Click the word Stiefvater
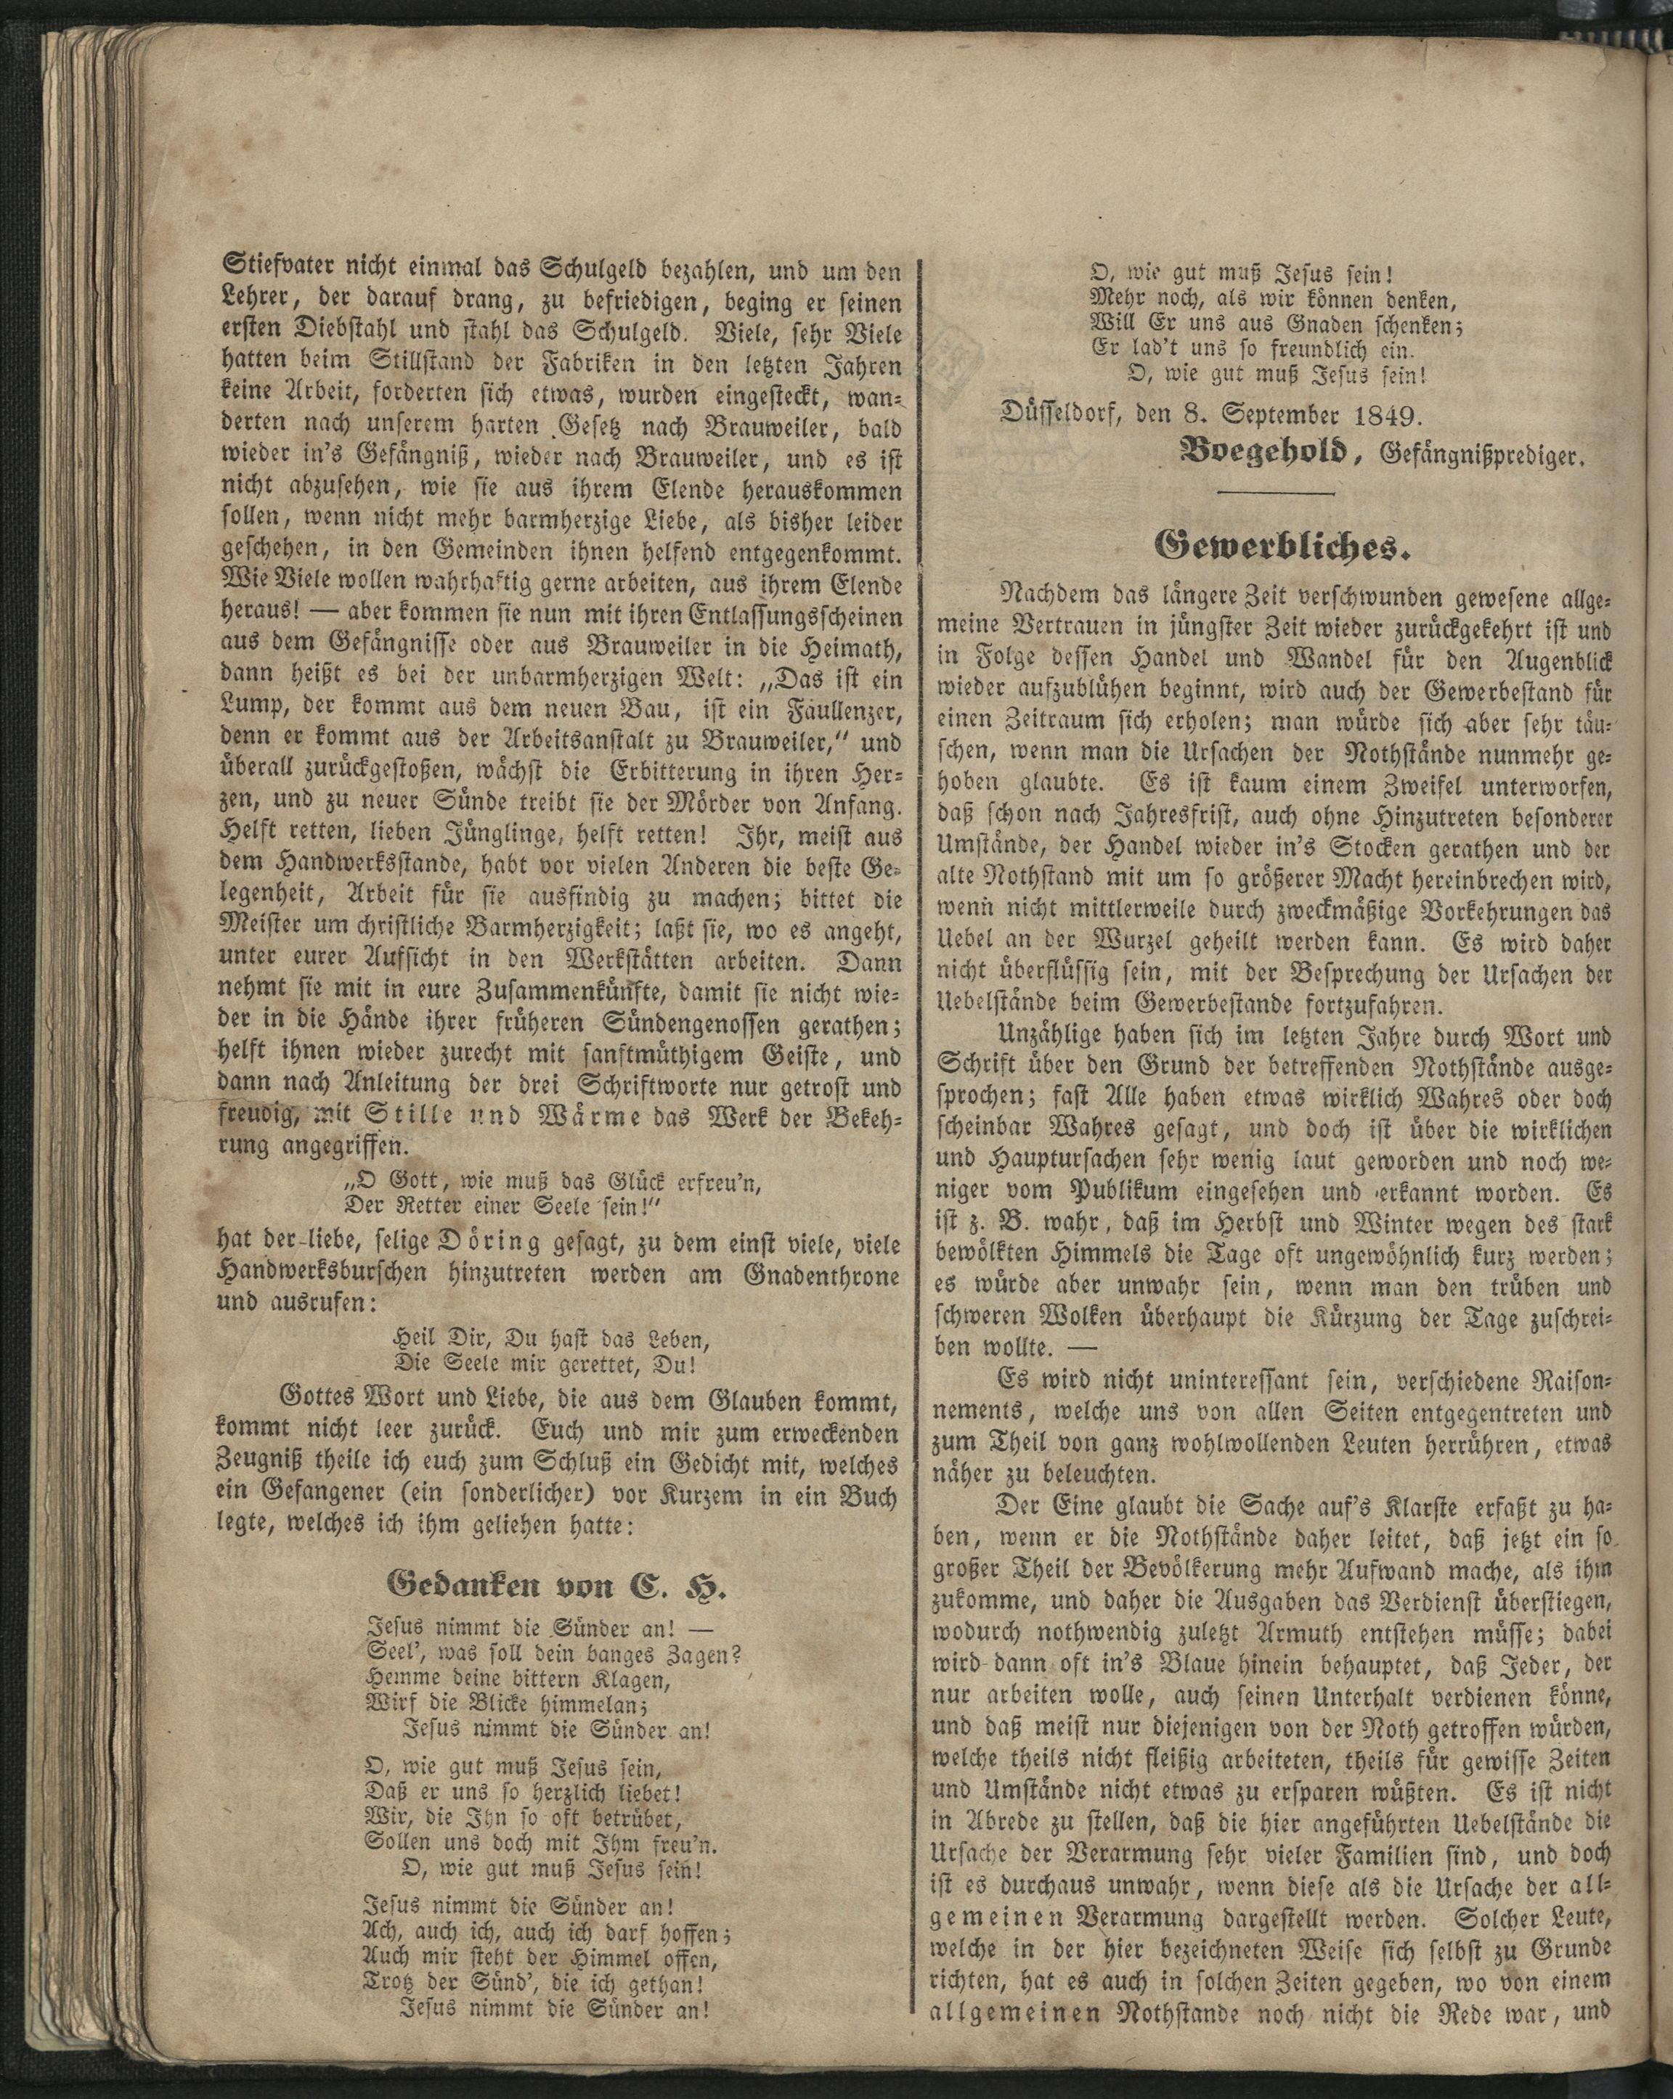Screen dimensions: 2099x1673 [x=274, y=267]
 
